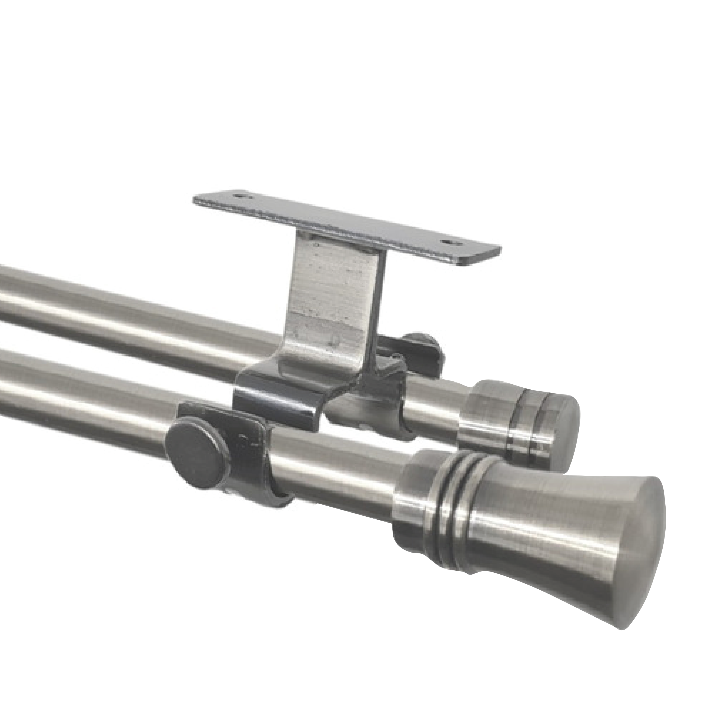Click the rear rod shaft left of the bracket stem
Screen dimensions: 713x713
(x=148, y=314)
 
